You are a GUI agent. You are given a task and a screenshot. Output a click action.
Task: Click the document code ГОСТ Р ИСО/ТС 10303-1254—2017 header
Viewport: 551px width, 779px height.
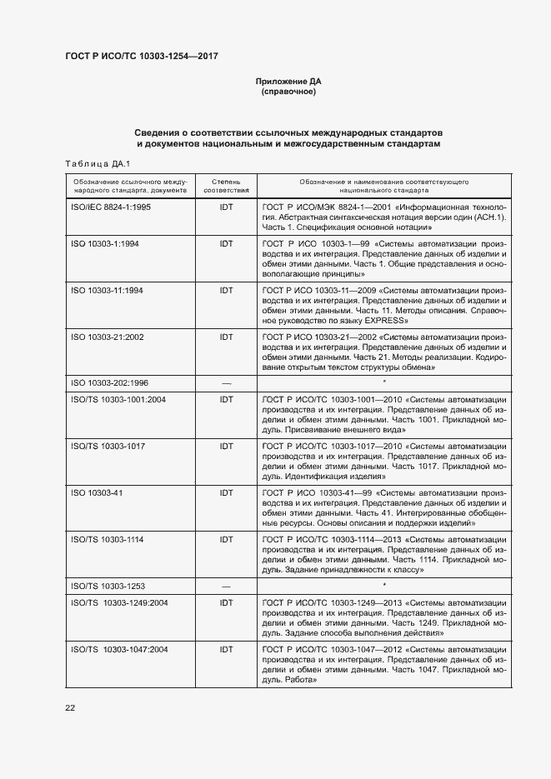tap(142, 56)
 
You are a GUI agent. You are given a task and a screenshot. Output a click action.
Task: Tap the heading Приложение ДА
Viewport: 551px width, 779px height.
tap(288, 81)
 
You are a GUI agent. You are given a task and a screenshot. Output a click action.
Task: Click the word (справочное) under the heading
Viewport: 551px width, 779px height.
tap(288, 92)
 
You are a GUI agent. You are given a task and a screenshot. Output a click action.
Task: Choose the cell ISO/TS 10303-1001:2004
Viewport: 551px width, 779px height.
tap(118, 399)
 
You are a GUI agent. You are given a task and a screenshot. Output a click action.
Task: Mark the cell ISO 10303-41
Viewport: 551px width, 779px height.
tap(98, 493)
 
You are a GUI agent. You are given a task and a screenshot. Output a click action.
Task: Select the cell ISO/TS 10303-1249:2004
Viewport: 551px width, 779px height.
tap(120, 602)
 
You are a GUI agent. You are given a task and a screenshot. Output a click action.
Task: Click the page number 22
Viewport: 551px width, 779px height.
tap(70, 707)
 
